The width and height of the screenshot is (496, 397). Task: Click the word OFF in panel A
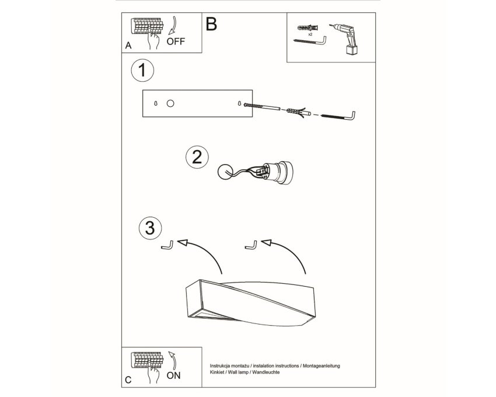click(176, 41)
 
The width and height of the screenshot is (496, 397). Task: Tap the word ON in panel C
click(174, 376)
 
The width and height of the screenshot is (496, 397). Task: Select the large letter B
click(211, 24)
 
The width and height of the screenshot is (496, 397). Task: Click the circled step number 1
click(142, 70)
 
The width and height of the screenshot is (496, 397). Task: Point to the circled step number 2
click(197, 158)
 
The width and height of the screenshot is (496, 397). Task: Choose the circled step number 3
click(150, 228)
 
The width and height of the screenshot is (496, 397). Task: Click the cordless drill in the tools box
click(346, 39)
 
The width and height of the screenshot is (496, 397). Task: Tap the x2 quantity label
click(310, 34)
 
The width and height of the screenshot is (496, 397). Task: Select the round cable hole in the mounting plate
click(170, 103)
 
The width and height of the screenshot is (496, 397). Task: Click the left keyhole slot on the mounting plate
click(155, 103)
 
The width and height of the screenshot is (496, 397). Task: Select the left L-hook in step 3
click(167, 246)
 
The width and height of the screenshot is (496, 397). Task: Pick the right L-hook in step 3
click(252, 245)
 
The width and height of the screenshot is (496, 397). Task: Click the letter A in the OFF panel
click(128, 46)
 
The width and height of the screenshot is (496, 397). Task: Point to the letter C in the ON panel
click(128, 380)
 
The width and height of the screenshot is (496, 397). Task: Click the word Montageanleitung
click(322, 366)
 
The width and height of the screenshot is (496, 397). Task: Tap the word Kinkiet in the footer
click(217, 372)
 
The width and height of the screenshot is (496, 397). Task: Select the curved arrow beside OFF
click(174, 25)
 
